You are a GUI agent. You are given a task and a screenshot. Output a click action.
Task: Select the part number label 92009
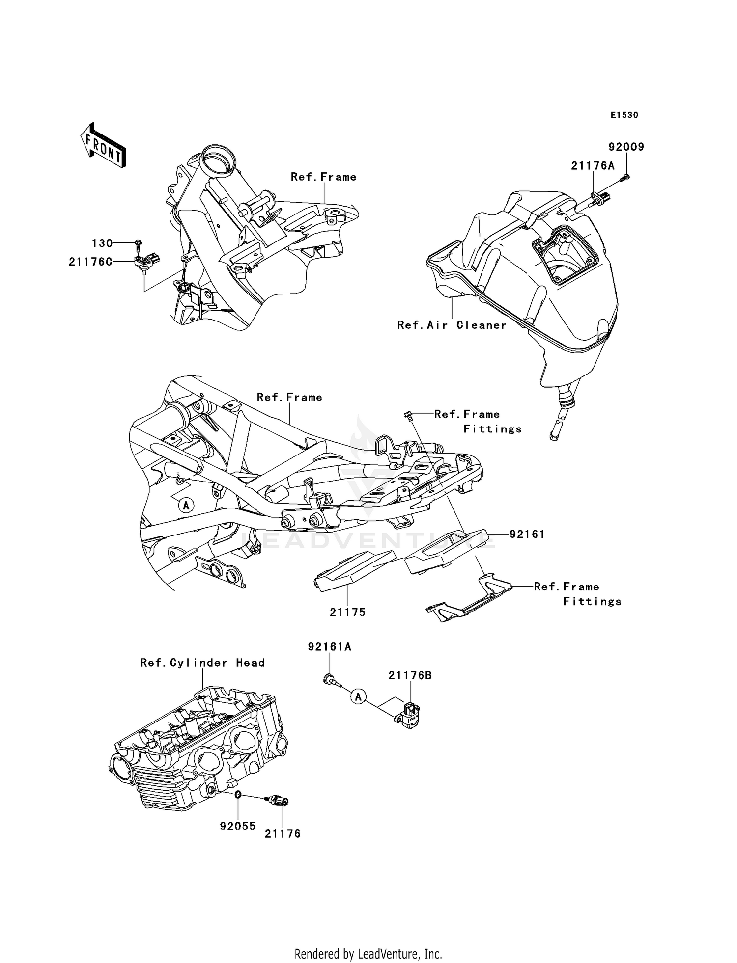(x=626, y=147)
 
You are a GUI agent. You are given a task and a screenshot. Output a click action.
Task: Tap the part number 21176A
(x=593, y=166)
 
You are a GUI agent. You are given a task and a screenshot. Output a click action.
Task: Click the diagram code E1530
(x=624, y=115)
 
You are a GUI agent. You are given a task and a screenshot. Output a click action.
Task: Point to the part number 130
(x=102, y=243)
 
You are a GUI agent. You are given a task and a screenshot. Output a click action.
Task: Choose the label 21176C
(x=90, y=262)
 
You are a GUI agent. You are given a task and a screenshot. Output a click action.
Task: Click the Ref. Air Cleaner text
(x=452, y=325)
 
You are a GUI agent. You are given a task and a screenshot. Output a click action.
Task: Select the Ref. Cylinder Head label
(x=202, y=663)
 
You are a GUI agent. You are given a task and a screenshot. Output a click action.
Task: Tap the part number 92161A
(x=330, y=647)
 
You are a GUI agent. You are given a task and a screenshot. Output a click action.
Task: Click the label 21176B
(x=410, y=675)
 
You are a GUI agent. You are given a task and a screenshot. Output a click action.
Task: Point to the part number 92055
(x=238, y=826)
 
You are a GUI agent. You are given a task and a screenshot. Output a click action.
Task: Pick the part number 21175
(x=347, y=612)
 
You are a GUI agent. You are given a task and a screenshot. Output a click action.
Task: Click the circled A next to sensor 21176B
(x=359, y=696)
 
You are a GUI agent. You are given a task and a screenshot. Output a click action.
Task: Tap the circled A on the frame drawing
(x=185, y=505)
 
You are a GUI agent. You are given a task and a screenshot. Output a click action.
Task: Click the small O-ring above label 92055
(x=237, y=795)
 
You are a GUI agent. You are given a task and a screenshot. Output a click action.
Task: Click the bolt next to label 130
(x=138, y=242)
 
